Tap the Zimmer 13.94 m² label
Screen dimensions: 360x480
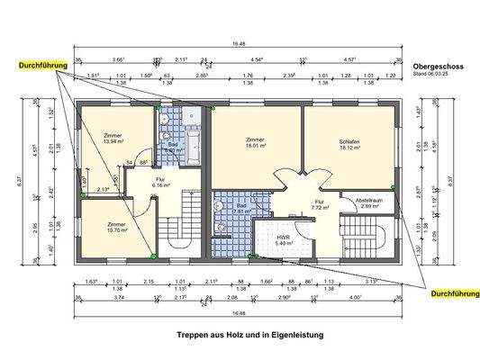point(113,139)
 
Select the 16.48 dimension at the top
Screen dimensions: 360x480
point(238,43)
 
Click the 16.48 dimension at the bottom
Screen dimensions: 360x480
point(238,313)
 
